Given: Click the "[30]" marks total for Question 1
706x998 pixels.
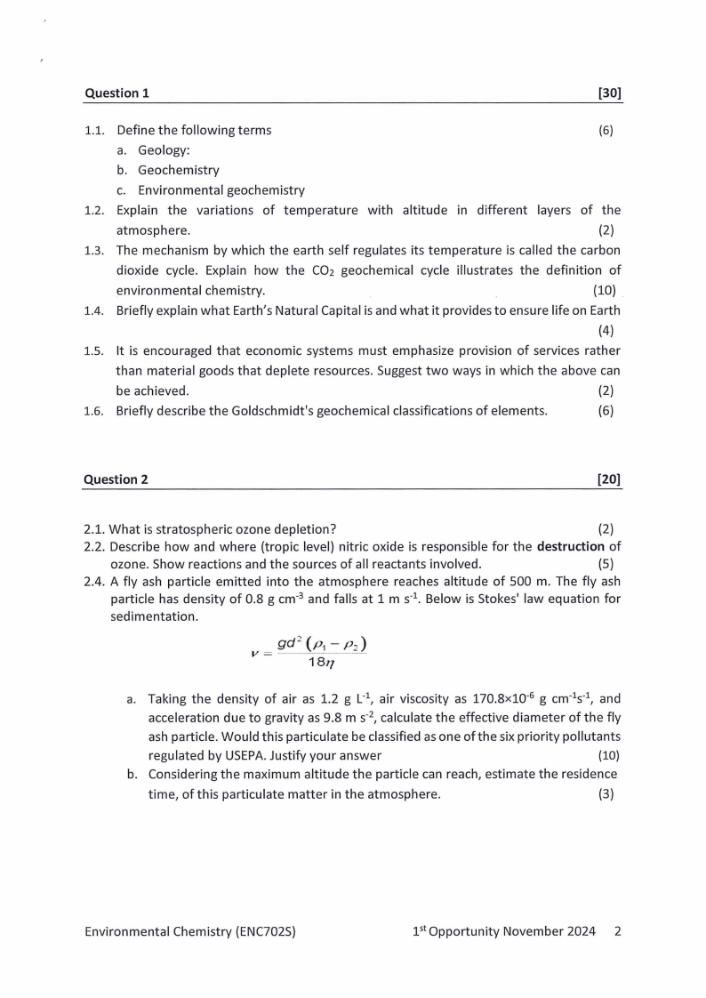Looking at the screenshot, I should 610,93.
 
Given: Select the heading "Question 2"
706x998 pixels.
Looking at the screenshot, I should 116,479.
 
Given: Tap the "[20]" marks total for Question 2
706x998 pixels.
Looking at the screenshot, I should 609,479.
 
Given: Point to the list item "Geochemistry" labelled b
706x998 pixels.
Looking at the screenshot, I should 178,170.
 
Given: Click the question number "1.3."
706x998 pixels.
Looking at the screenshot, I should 94,250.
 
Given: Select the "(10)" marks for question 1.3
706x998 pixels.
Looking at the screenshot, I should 604,291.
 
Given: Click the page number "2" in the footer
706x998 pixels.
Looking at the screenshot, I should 617,931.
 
